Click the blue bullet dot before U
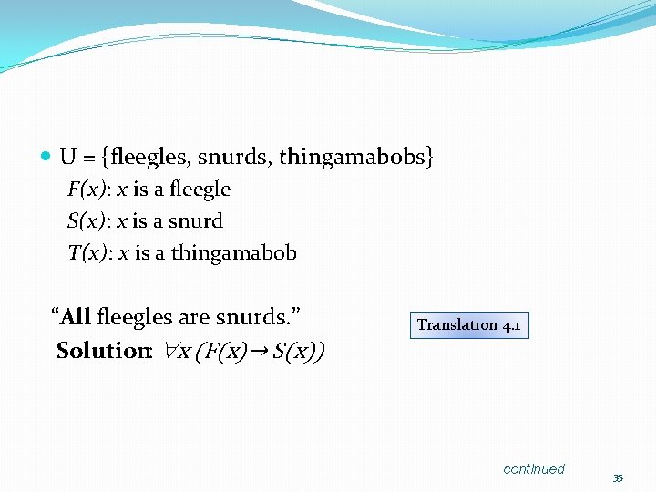click(46, 157)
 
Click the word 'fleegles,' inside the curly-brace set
click(149, 157)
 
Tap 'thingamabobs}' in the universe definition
click(356, 157)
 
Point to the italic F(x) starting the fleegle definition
click(87, 190)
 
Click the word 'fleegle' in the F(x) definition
click(200, 190)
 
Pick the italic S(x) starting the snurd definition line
click(87, 221)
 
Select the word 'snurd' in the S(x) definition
click(196, 221)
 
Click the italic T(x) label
click(88, 253)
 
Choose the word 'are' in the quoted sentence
click(194, 317)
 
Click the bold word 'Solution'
click(102, 351)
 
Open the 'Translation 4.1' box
click(469, 325)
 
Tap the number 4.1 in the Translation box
click(511, 325)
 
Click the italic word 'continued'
click(534, 469)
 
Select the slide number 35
click(617, 478)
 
